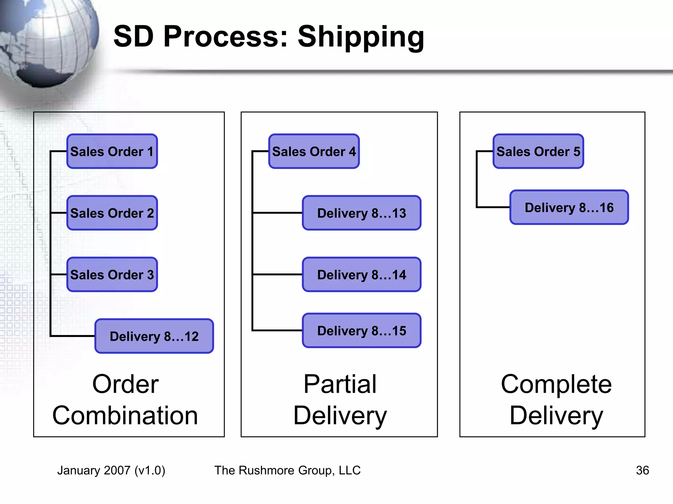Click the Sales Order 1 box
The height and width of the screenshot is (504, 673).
[112, 151]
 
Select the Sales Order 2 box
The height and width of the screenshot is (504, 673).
[112, 213]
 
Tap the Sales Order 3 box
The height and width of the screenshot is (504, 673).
[112, 275]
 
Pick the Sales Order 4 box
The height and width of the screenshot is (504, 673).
[314, 151]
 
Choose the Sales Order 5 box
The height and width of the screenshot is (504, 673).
[538, 151]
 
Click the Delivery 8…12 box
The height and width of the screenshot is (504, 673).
[154, 336]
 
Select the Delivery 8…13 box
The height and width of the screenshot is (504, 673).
[361, 213]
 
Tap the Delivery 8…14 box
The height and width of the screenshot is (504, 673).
[361, 275]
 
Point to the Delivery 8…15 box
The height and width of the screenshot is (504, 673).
[361, 330]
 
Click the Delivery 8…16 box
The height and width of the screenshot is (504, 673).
[569, 207]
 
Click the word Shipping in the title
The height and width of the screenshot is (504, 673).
[361, 37]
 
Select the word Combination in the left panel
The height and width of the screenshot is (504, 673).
[125, 415]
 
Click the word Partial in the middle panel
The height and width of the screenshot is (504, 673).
[340, 384]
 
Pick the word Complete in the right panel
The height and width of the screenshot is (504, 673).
[556, 384]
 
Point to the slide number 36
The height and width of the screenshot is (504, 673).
[642, 470]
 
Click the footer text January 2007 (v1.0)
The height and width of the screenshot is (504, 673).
[111, 470]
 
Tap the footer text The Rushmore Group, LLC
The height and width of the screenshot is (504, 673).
[288, 470]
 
